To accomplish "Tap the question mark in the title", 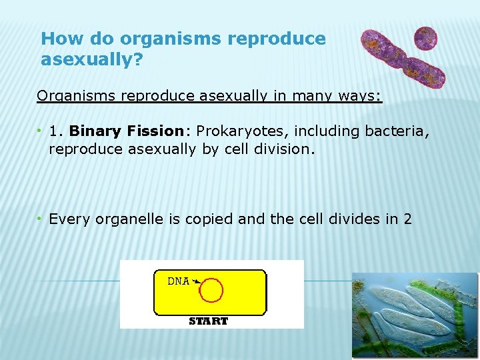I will point(138,61).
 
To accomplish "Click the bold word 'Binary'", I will point(91,131).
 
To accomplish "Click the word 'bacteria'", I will point(397,131).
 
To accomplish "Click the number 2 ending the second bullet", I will point(407,218).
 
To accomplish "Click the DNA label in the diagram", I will point(178,281).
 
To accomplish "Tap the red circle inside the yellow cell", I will point(212,291).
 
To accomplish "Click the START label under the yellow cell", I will point(208,321).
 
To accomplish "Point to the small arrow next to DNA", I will point(197,282).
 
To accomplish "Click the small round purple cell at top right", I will point(425,38).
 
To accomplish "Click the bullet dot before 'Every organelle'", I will point(41,218).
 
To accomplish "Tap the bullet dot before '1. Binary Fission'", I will point(41,131).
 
